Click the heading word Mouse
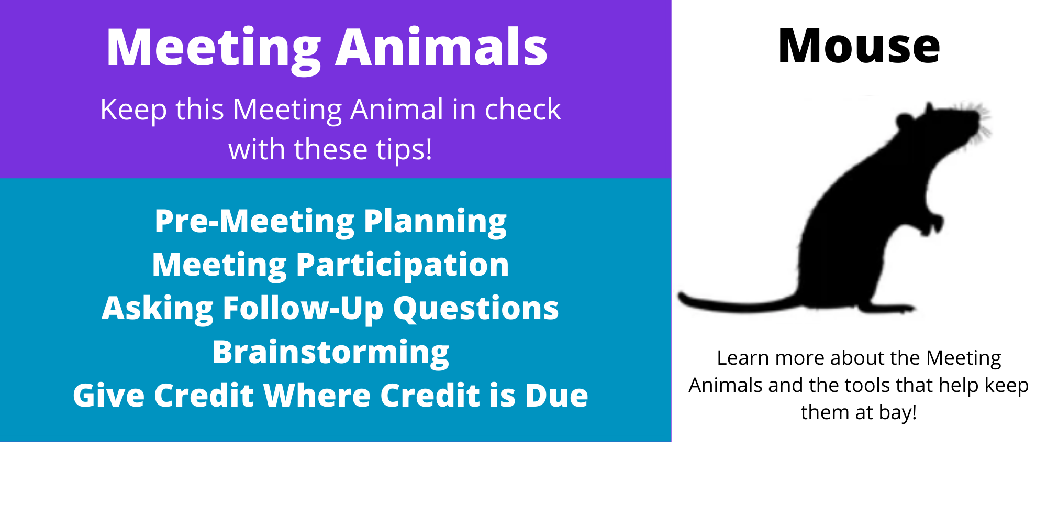pos(859,47)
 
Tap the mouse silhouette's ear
pos(905,122)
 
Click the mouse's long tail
pos(738,303)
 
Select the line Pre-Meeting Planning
pos(330,221)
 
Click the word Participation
pos(403,265)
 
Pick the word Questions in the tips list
pos(476,308)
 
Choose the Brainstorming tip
pos(330,352)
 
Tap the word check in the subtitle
pos(522,110)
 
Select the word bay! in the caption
pos(898,412)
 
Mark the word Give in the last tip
pos(108,395)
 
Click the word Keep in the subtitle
pos(133,110)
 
